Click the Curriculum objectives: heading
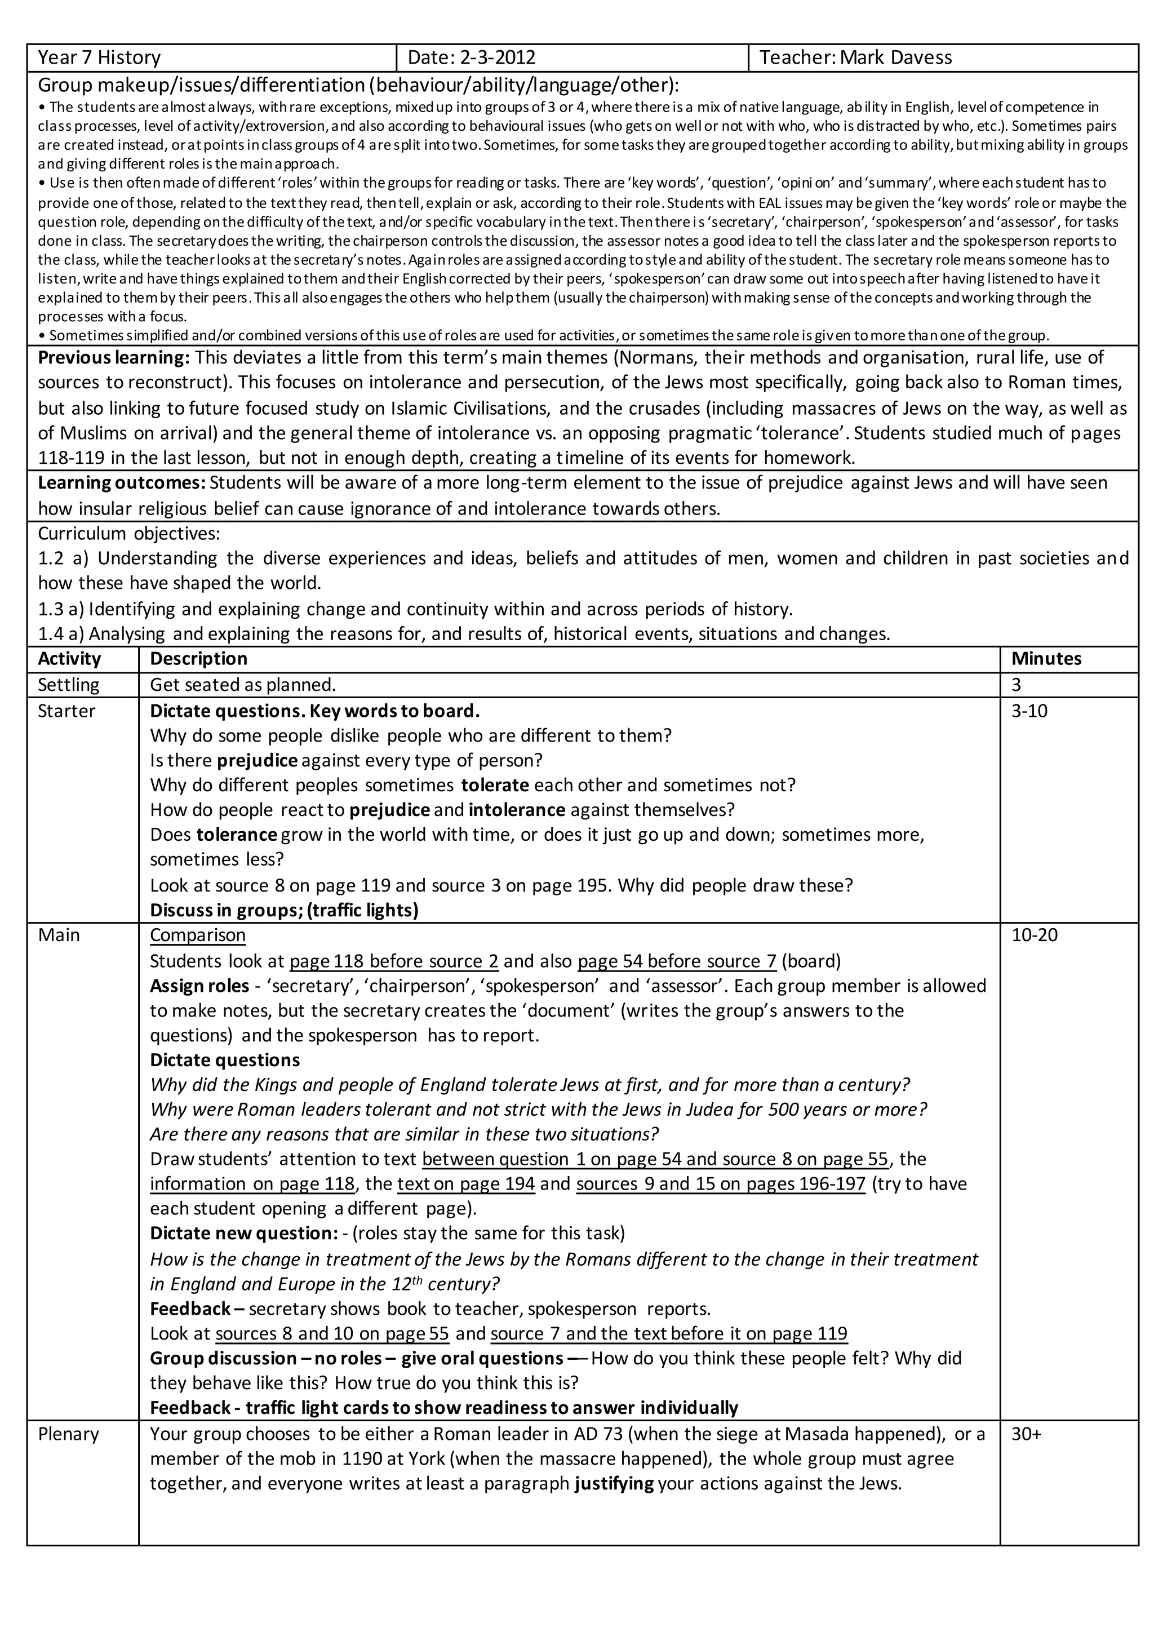point(128,533)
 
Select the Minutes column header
point(1046,658)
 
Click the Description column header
point(198,658)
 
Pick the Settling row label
point(68,685)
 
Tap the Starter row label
point(66,711)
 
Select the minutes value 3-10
point(1029,711)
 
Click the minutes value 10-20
point(1034,935)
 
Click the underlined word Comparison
point(198,935)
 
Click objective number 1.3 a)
point(60,609)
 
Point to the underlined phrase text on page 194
point(465,1183)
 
